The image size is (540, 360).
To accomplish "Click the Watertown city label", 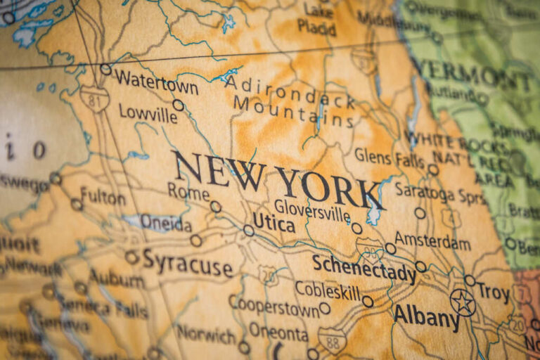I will [157, 83].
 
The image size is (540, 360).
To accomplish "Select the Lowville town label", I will [148, 112].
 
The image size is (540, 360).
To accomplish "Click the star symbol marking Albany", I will [463, 302].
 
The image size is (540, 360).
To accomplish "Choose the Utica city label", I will [274, 221].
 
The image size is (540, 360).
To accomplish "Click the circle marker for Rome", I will [215, 207].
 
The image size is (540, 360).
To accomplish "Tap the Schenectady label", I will [364, 269].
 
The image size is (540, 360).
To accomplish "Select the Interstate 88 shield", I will [332, 340].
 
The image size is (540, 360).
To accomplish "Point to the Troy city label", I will [493, 292].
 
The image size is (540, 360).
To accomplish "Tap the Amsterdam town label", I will [432, 242].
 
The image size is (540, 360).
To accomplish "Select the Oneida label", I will [165, 223].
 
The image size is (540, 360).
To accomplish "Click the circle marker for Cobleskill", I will [367, 301].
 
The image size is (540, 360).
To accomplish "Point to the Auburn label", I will [117, 278].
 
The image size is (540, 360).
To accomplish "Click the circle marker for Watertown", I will [105, 69].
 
